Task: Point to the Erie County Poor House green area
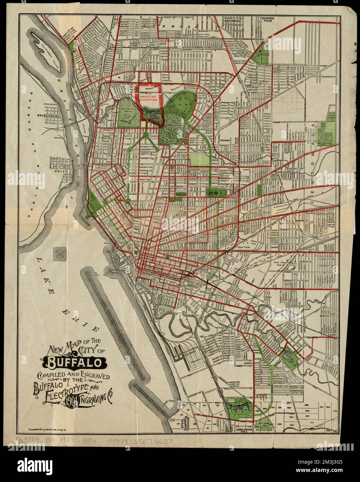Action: pos(261,55)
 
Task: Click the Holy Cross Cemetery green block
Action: pos(263,423)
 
